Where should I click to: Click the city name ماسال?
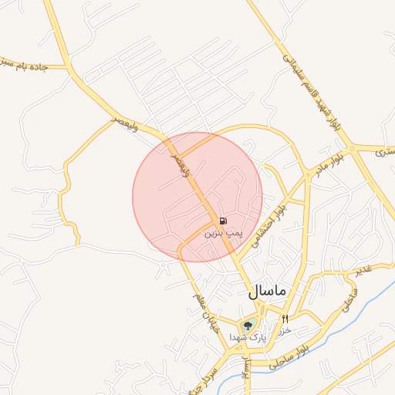point(267,292)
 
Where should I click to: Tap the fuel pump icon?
point(223,221)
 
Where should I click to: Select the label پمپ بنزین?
point(223,231)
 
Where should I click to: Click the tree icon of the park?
point(248,326)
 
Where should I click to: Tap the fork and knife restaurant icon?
point(285,319)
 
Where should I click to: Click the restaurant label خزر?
point(285,329)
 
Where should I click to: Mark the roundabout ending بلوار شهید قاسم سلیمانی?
point(350,147)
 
